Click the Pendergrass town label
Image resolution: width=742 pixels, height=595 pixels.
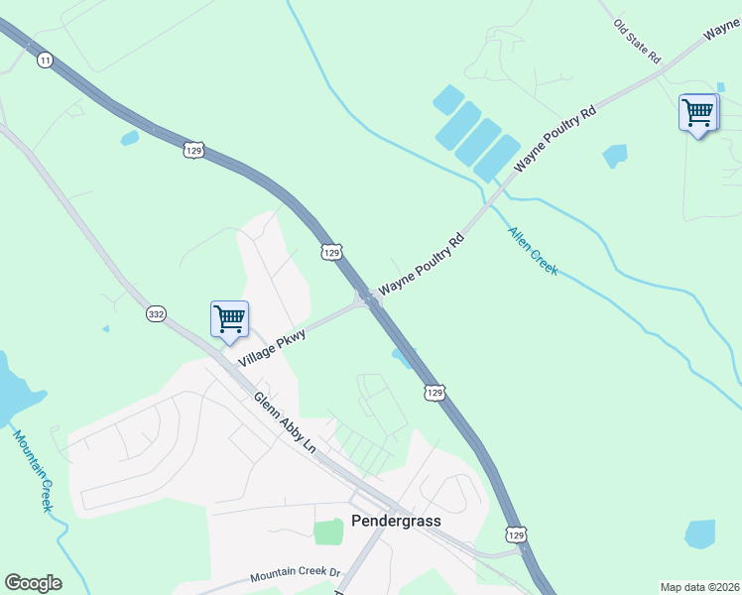coord(396,522)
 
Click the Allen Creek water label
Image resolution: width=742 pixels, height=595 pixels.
coord(533,251)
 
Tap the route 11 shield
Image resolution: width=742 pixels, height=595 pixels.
coord(45,60)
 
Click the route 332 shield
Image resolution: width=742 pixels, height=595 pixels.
coord(156,313)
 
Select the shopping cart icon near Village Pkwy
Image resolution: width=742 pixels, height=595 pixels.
coord(229,319)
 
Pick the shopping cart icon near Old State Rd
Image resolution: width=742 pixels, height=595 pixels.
coord(697,113)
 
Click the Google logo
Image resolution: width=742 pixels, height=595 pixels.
coord(33,583)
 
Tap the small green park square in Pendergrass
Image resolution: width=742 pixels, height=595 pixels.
coord(328,533)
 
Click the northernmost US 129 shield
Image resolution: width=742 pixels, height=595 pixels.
coord(193,150)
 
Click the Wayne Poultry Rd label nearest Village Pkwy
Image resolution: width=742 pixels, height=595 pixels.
coord(422,263)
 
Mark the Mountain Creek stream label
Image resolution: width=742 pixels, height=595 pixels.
coord(33,470)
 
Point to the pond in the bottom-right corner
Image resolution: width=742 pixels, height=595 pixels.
coord(699,534)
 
